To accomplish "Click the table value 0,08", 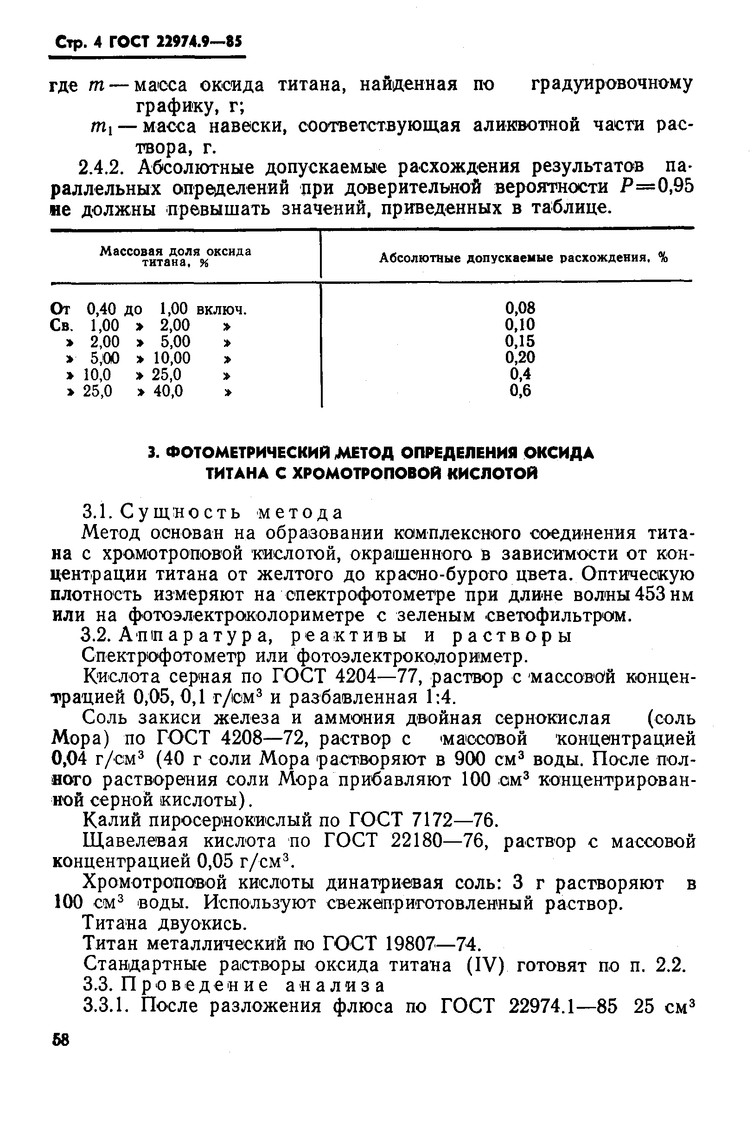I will coord(520,308).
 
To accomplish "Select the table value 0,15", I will coord(520,341).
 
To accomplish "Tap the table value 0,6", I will coord(520,391).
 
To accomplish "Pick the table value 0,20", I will coord(520,358).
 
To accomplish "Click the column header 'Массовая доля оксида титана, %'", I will coord(175,257).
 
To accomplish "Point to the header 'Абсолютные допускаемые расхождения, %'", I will coord(523,258).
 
